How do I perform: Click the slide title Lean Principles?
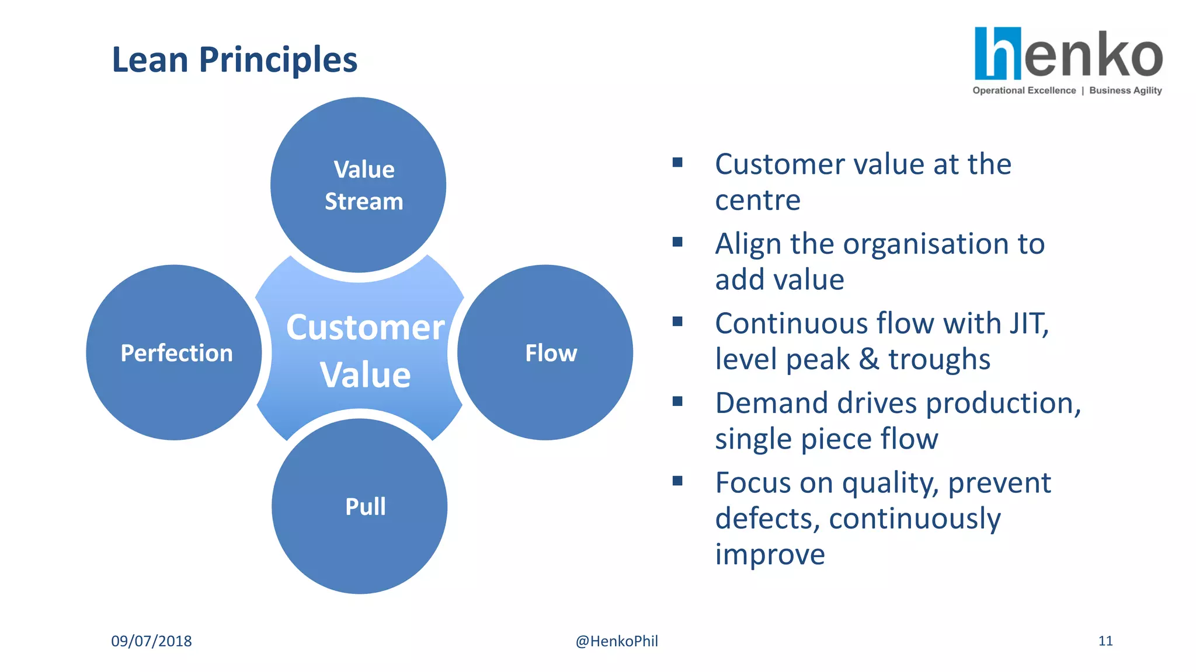[234, 60]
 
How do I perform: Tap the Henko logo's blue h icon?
[997, 54]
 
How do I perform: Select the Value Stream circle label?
[364, 185]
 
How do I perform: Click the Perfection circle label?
[176, 353]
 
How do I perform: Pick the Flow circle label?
[551, 353]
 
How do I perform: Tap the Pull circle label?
[365, 506]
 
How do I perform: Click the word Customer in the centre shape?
[366, 328]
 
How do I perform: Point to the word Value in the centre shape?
[365, 375]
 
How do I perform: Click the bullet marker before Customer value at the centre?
[677, 162]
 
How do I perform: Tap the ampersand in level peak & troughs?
[869, 359]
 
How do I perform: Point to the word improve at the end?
[770, 554]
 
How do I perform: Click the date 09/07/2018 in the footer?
[151, 641]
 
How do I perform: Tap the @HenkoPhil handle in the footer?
[617, 641]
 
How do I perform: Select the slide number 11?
[1105, 641]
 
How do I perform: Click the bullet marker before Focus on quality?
[677, 481]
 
